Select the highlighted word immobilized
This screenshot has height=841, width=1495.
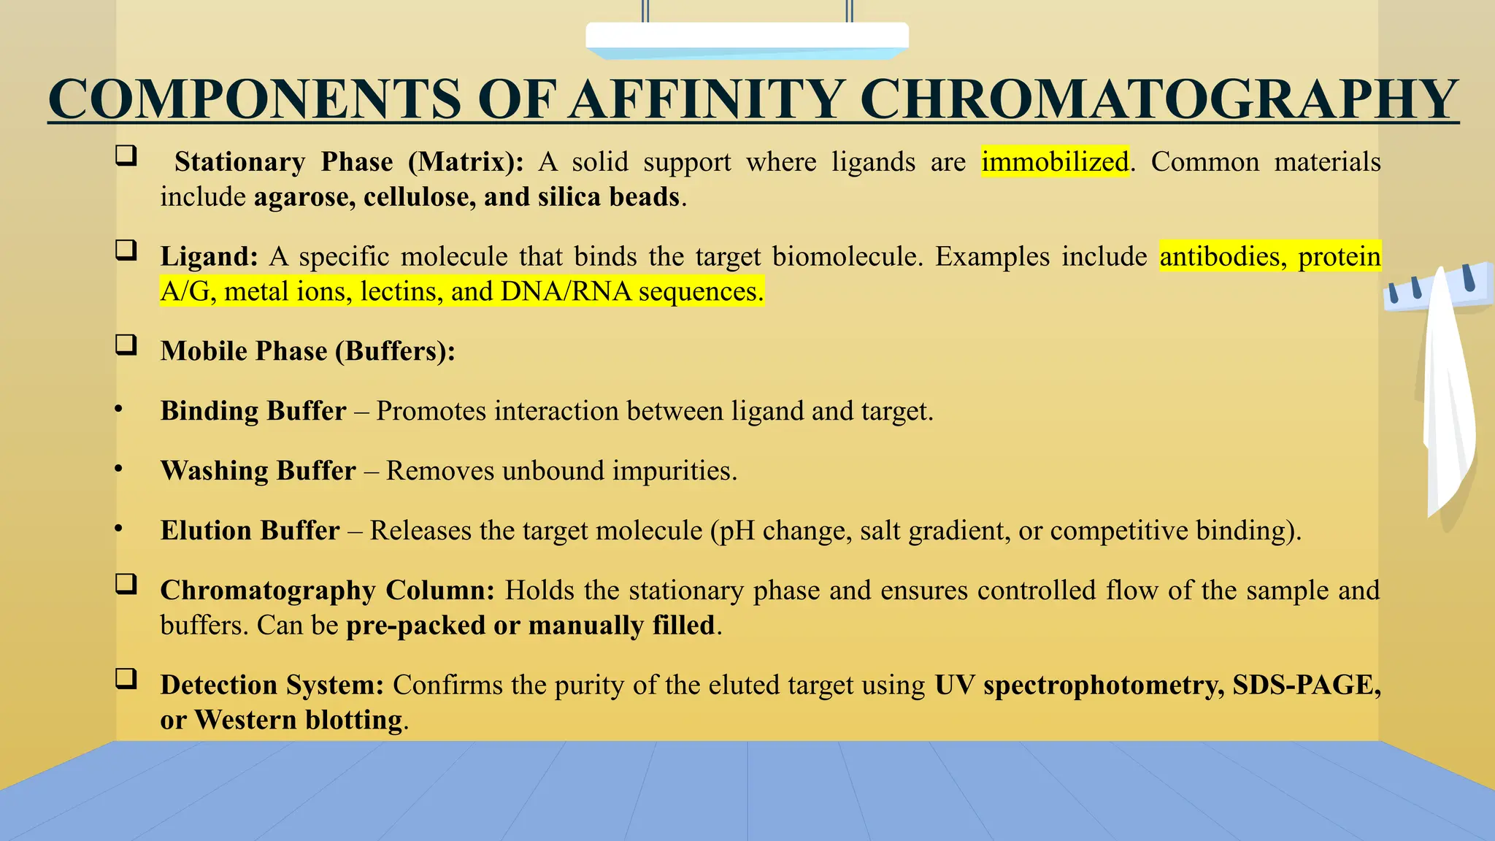(x=1055, y=161)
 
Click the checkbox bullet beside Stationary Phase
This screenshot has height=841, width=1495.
(x=126, y=155)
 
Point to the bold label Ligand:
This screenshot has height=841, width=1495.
(x=209, y=256)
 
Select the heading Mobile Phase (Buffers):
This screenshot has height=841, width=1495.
(x=307, y=351)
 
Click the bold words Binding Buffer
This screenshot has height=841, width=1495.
(x=253, y=411)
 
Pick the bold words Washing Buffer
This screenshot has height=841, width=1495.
(x=258, y=471)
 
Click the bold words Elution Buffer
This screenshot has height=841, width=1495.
(x=250, y=531)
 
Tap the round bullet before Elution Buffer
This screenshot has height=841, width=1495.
(x=118, y=529)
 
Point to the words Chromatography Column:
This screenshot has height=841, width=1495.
(x=327, y=590)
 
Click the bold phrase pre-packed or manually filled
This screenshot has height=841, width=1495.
(x=530, y=626)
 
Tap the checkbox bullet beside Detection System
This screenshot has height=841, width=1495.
(x=126, y=679)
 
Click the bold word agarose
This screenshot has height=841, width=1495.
(x=304, y=197)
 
